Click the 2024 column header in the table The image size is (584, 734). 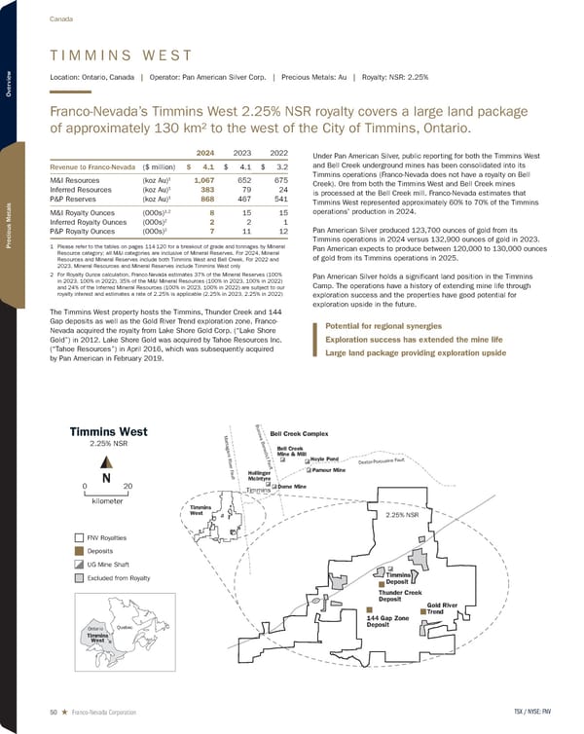pyautogui.click(x=204, y=153)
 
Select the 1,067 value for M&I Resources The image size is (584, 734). pyautogui.click(x=203, y=180)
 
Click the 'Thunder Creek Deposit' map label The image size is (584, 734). pyautogui.click(x=398, y=596)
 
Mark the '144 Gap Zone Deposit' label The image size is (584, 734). pyautogui.click(x=386, y=622)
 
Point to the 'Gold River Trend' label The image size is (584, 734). pyautogui.click(x=442, y=607)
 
